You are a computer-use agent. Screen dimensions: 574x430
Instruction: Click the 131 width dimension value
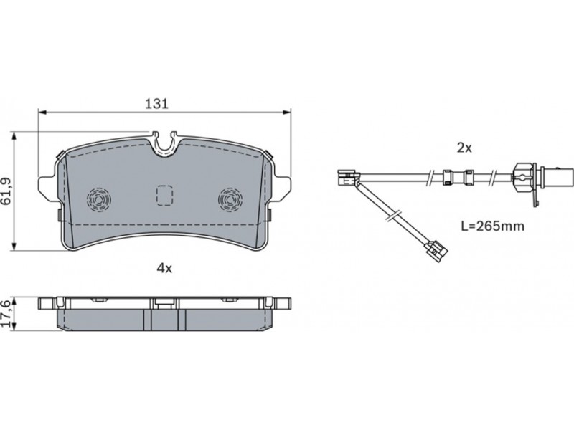click(x=156, y=103)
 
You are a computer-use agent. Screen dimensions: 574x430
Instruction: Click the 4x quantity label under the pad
click(x=164, y=269)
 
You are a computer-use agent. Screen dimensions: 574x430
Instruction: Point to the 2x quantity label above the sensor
click(x=464, y=148)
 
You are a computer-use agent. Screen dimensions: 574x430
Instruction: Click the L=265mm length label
click(x=492, y=226)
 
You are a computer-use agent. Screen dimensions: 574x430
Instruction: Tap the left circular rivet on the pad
click(x=99, y=200)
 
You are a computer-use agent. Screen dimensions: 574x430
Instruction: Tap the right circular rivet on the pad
click(x=230, y=200)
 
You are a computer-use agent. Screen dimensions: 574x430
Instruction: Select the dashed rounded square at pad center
click(x=164, y=196)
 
